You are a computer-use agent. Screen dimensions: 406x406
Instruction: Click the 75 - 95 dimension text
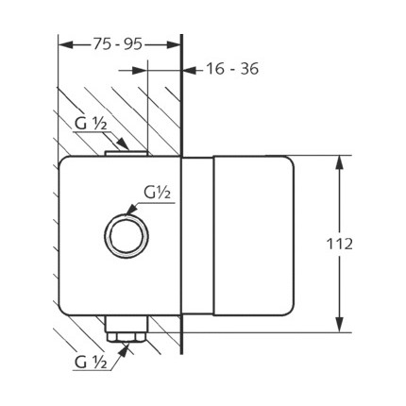pyautogui.click(x=117, y=44)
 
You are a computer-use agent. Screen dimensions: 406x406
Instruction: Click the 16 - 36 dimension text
pyautogui.click(x=232, y=69)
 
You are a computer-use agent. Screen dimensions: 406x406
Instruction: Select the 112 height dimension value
pyautogui.click(x=339, y=244)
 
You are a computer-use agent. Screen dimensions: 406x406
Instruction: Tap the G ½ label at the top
pyautogui.click(x=92, y=125)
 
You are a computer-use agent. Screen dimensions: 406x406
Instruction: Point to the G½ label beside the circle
pyautogui.click(x=157, y=193)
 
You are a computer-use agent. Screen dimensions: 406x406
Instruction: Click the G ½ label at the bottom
pyautogui.click(x=91, y=363)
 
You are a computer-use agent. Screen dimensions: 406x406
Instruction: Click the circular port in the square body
pyautogui.click(x=127, y=235)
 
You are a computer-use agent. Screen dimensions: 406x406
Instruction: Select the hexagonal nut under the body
pyautogui.click(x=126, y=338)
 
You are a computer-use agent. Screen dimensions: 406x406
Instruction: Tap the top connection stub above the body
pyautogui.click(x=126, y=153)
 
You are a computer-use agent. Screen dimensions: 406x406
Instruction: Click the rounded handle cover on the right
pyautogui.click(x=254, y=235)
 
